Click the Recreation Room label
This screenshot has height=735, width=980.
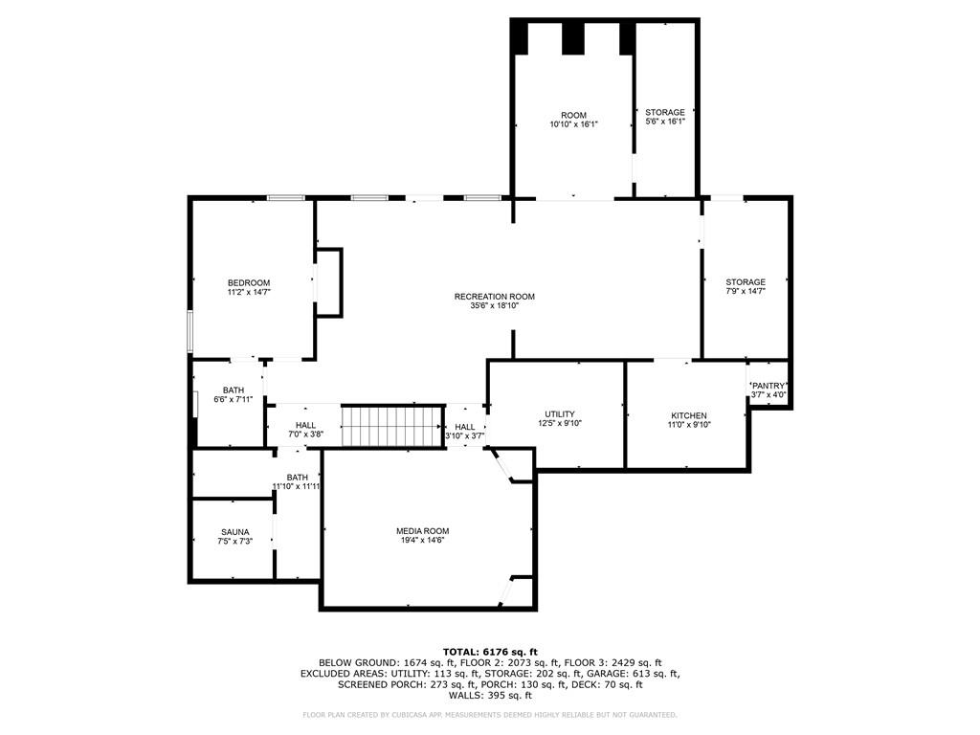[x=494, y=297]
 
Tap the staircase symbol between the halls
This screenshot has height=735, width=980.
[x=393, y=426]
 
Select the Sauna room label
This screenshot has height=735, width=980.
[x=234, y=531]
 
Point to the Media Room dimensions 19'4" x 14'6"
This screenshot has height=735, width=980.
[x=422, y=541]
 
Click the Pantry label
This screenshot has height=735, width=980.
[x=768, y=386]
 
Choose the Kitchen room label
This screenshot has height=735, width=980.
[x=688, y=415]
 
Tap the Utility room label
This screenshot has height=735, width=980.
[x=560, y=414]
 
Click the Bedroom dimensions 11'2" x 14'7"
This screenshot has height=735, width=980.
[x=249, y=292]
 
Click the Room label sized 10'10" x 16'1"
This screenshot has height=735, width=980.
[x=573, y=116]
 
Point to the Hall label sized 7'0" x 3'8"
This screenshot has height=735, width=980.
[x=305, y=425]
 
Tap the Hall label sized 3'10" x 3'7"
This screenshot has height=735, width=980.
[x=465, y=427]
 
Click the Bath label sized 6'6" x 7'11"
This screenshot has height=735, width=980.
[x=234, y=390]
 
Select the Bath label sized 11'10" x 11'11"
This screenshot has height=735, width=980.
[x=297, y=478]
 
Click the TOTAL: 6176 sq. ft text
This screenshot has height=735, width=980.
[x=490, y=652]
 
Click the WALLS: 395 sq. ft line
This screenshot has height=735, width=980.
[x=490, y=696]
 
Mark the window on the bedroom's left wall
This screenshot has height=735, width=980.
[x=190, y=331]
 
